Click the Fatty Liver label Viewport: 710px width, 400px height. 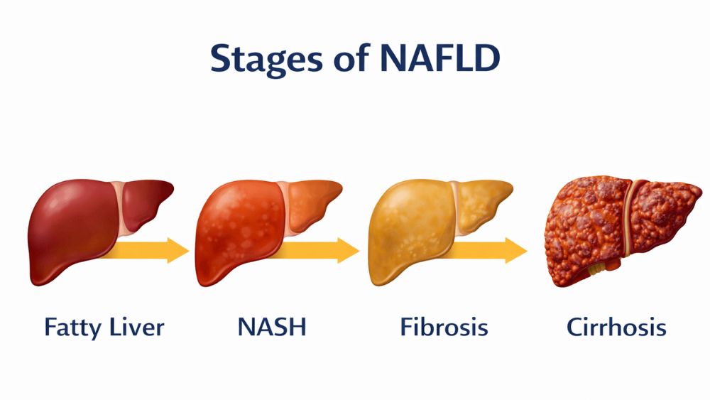[x=104, y=328]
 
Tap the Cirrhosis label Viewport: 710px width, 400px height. [x=616, y=328]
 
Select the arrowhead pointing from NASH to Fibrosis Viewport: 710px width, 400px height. [x=348, y=250]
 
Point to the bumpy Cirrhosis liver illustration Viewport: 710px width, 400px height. [x=589, y=227]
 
